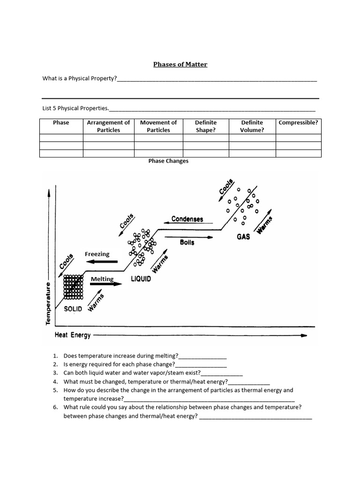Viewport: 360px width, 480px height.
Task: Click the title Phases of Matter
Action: click(180, 64)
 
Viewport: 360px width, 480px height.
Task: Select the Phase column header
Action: click(61, 123)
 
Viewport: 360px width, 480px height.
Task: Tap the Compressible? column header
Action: click(298, 123)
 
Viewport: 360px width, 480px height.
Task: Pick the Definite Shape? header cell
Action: click(205, 127)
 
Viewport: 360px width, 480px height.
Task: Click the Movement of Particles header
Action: click(158, 127)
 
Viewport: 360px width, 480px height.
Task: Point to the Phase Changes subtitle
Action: click(168, 161)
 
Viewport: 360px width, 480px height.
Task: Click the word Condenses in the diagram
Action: click(187, 219)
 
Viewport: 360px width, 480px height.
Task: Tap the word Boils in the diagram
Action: click(187, 242)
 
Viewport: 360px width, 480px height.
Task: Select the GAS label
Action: click(243, 237)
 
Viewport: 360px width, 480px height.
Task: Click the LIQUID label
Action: click(141, 279)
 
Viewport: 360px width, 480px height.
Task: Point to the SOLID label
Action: click(73, 309)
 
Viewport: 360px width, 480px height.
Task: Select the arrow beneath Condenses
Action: click(187, 224)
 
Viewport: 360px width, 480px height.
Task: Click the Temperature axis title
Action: click(48, 303)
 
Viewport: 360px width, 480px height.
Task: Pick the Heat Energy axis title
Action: click(73, 335)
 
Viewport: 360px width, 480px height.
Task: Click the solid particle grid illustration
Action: click(73, 287)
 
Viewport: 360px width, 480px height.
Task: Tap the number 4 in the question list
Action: click(55, 382)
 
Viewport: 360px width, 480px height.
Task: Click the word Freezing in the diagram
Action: click(97, 254)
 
